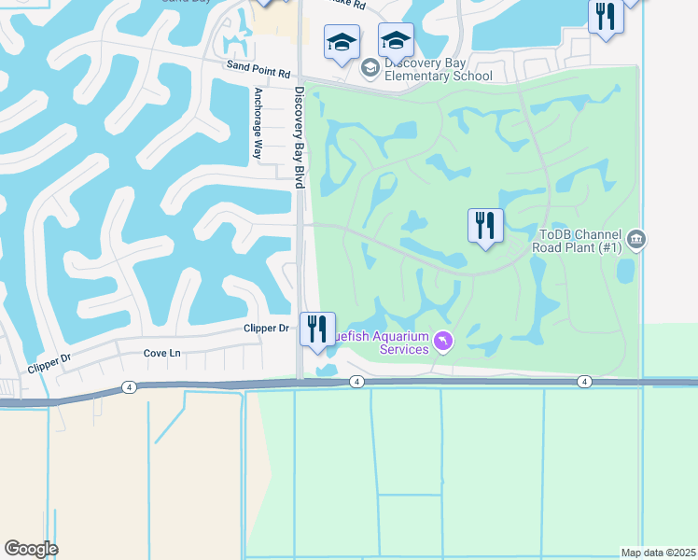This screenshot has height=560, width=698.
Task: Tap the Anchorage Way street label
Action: tap(258, 124)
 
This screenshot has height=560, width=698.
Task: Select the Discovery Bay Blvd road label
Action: tap(300, 138)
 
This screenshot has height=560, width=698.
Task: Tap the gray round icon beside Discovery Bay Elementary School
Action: tap(370, 66)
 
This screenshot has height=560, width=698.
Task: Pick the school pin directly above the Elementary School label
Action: tap(396, 42)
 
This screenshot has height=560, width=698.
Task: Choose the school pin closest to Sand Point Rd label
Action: tap(341, 43)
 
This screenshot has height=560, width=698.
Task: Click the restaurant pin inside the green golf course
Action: tap(485, 226)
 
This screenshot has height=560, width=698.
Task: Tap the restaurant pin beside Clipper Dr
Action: tap(317, 330)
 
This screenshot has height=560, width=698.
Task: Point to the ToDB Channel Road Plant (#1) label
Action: tap(575, 242)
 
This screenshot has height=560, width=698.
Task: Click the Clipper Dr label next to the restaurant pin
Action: tap(267, 329)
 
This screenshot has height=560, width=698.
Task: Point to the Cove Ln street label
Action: tap(161, 354)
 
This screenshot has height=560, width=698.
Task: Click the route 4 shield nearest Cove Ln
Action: tap(128, 385)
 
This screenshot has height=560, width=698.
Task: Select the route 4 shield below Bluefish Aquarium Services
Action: tap(356, 382)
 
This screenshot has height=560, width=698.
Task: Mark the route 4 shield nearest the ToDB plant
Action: tap(584, 382)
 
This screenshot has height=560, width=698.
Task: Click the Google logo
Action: tap(31, 549)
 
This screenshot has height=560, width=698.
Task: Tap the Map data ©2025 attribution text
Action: tap(658, 553)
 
